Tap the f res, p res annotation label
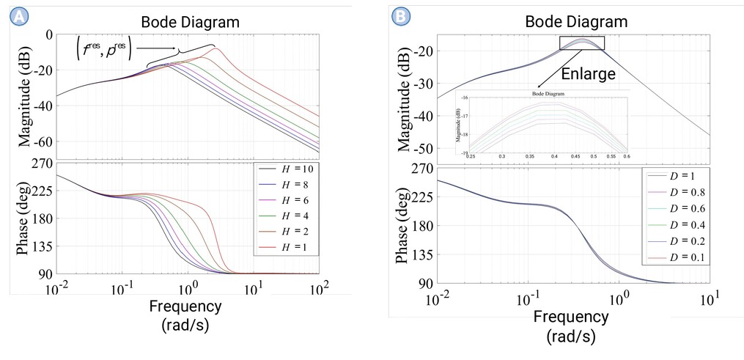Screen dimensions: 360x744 103,50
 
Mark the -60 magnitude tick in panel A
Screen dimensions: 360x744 38,141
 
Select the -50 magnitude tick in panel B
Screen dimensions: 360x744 423,149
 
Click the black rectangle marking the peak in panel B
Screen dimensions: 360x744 582,43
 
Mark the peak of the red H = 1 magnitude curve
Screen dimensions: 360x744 216,48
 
